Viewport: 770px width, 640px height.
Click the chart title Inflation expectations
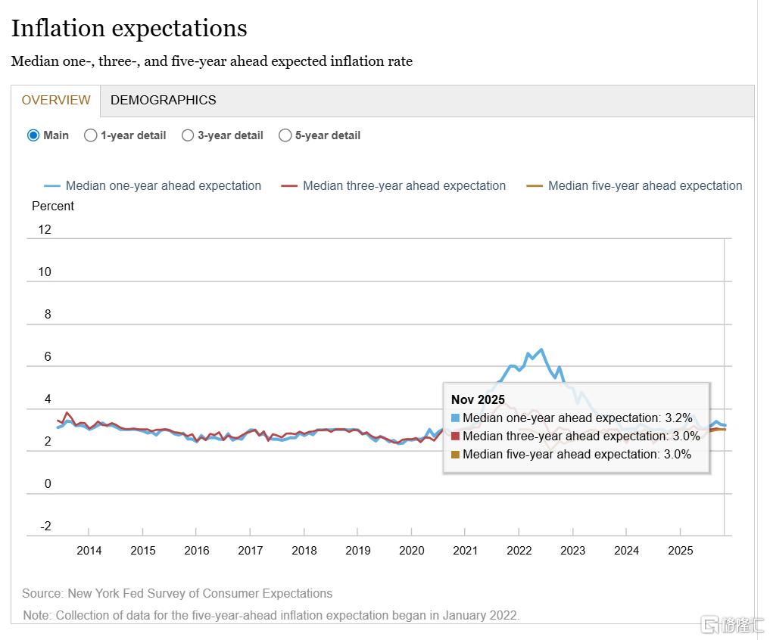point(129,29)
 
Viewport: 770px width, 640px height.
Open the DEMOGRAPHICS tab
point(163,100)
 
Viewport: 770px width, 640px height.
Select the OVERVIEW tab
point(55,100)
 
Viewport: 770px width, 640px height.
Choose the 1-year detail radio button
point(91,135)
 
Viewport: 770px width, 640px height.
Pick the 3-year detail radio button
point(189,135)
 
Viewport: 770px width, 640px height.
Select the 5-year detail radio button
point(285,135)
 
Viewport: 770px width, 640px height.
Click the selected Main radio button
point(33,135)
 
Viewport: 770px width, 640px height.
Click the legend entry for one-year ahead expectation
point(163,185)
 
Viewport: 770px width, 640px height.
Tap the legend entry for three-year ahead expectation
point(404,185)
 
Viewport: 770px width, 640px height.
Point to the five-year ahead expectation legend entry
point(644,185)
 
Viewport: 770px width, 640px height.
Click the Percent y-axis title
point(53,206)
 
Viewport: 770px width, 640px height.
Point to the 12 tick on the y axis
point(44,229)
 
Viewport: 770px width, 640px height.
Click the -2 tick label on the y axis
point(45,527)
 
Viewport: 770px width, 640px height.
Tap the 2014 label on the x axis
point(89,550)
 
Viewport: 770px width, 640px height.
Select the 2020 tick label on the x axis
point(411,550)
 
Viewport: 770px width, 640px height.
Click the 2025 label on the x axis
point(680,550)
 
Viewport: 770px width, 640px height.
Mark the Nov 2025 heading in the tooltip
point(478,399)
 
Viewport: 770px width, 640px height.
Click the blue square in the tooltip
point(455,418)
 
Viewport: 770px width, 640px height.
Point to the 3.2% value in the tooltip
point(678,418)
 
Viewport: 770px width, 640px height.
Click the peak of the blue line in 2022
point(541,350)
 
